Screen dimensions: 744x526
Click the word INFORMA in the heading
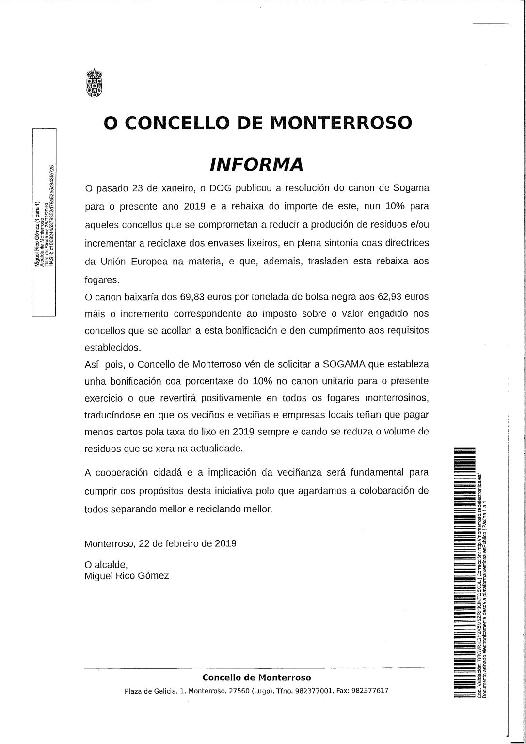click(x=256, y=165)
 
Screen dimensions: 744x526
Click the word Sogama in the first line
click(x=411, y=187)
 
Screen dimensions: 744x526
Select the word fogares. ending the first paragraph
click(x=101, y=279)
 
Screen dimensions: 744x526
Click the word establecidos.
click(x=113, y=347)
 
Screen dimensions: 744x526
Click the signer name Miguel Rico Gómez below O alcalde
click(x=127, y=576)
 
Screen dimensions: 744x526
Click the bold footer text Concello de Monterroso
click(x=256, y=677)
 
